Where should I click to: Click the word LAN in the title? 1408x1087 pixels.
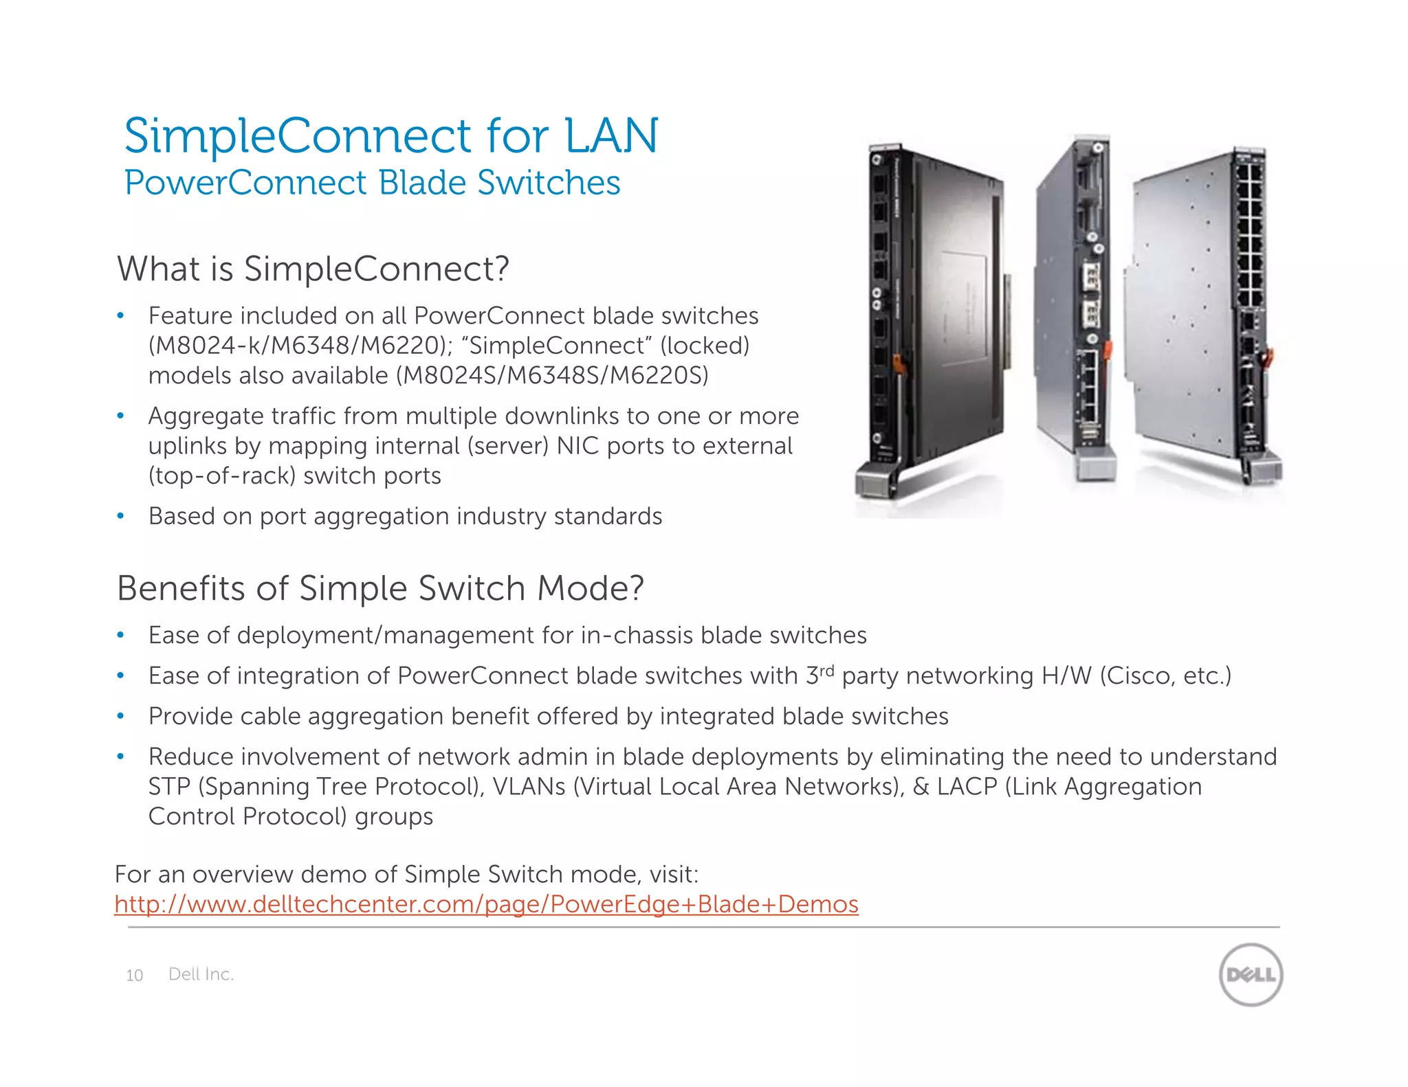click(x=611, y=135)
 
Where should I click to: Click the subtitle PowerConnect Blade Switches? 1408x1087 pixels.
click(x=372, y=183)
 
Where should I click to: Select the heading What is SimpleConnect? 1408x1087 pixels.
click(x=313, y=269)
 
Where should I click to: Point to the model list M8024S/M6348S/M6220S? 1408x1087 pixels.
click(x=552, y=376)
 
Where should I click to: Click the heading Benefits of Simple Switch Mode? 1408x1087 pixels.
click(x=380, y=589)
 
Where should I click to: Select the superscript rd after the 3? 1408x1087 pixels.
click(x=826, y=669)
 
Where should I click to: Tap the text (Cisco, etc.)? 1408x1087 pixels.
click(x=1165, y=676)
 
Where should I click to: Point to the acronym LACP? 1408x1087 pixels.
click(x=967, y=787)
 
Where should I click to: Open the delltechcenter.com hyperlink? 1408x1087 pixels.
click(x=486, y=904)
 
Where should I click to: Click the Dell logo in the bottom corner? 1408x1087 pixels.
click(x=1251, y=974)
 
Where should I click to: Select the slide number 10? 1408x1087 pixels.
click(x=135, y=976)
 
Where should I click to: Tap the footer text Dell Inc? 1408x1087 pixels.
click(x=201, y=974)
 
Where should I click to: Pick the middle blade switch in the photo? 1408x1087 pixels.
click(x=1076, y=309)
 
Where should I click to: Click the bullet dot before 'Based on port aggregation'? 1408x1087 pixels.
click(x=120, y=516)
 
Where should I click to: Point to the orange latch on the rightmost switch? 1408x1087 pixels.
click(x=1268, y=357)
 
